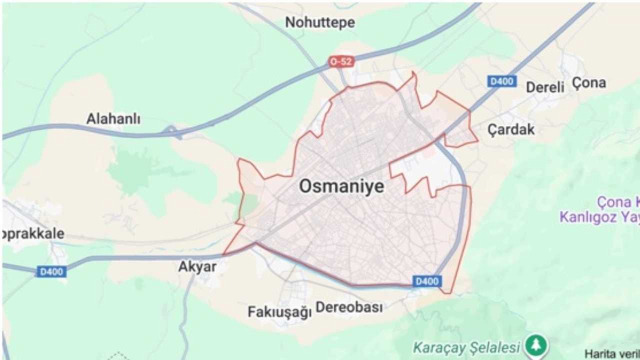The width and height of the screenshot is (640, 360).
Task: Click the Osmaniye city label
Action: pos(341,186)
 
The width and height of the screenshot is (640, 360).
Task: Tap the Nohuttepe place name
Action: pos(320,22)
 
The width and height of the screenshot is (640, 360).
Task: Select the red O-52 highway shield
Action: pos(341,61)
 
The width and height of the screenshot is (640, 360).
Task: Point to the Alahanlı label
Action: pos(113,119)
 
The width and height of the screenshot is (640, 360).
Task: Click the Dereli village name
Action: pos(544,87)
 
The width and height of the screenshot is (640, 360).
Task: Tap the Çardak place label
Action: pos(510,129)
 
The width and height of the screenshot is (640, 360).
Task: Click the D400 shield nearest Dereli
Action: pos(502,81)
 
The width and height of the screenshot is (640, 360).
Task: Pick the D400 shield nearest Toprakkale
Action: pos(51,271)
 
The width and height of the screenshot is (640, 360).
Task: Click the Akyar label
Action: pos(197,266)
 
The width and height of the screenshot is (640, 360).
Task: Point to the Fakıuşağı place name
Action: pos(279,312)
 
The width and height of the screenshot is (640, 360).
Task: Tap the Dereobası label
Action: pos(349,307)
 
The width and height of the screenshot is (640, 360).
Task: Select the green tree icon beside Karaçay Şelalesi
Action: pos(536,345)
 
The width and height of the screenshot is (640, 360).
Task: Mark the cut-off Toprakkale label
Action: pos(33,233)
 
